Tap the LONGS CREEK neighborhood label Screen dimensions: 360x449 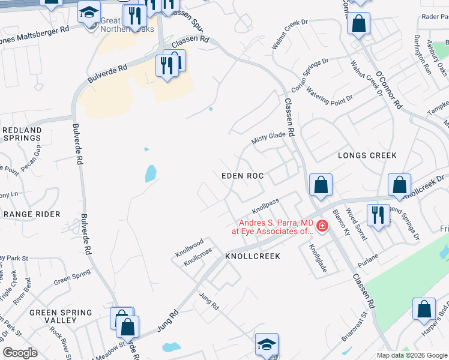click(367, 155)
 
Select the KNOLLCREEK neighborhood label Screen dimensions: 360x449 click(253, 256)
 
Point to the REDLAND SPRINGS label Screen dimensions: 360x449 click(22, 134)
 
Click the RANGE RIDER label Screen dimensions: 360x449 click(32, 214)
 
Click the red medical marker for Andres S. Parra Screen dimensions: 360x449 click(322, 226)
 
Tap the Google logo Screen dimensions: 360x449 click(20, 353)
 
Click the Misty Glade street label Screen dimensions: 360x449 click(268, 137)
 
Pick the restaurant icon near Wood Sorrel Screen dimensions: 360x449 click(378, 215)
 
